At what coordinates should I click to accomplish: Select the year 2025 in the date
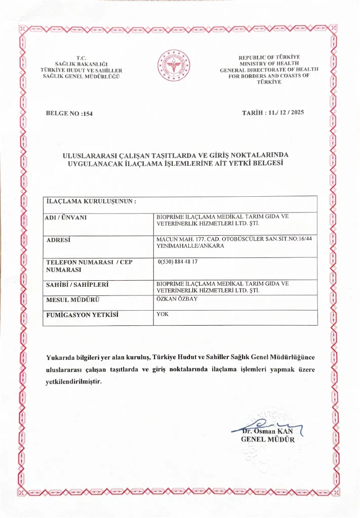pos(294,112)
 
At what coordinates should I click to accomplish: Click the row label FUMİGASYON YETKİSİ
pos(82,315)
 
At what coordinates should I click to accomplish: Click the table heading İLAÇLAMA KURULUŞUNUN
pos(91,201)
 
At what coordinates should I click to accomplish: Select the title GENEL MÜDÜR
pos(267,439)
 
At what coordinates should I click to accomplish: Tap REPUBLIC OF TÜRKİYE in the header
pos(269,57)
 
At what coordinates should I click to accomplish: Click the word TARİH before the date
pos(254,112)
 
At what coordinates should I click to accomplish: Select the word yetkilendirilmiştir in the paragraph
pos(73,381)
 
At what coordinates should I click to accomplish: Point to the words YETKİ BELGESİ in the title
pos(252,163)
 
